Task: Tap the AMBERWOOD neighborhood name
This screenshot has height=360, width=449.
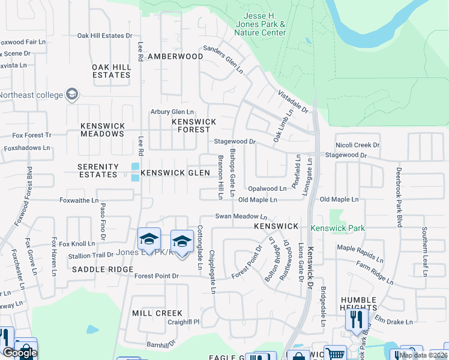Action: point(175,56)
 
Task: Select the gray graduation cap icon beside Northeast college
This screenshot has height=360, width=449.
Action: point(73,94)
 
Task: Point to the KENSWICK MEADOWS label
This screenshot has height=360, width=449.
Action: point(103,130)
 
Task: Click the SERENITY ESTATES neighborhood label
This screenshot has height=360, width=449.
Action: point(98,170)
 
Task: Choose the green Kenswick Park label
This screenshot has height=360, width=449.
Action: point(337,228)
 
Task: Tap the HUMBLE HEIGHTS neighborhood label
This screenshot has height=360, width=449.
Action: point(358,304)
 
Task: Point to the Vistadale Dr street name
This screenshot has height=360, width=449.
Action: point(292,102)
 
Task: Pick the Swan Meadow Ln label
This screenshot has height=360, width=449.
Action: point(241,216)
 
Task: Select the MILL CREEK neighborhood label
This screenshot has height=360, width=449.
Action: point(157,313)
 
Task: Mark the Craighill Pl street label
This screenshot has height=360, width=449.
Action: point(167,322)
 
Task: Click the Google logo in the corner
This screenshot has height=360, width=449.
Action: point(19,352)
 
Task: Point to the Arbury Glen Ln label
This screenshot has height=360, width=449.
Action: point(172,112)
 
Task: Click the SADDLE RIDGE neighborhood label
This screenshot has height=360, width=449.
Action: point(103,269)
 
